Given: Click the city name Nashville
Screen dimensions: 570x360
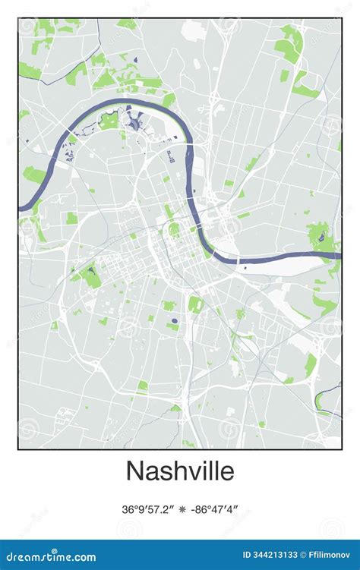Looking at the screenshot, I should pyautogui.click(x=180, y=470).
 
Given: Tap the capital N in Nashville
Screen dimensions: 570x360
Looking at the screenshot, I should pyautogui.click(x=134, y=470).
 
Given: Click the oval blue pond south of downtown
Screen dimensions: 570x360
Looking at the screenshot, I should pyautogui.click(x=175, y=321).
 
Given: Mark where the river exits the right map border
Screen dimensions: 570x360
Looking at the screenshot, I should pyautogui.click(x=339, y=255).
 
